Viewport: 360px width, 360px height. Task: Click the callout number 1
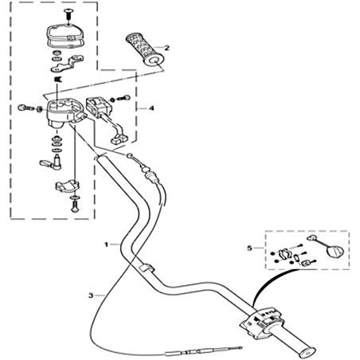[106, 245]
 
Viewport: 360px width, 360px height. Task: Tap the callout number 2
[166, 48]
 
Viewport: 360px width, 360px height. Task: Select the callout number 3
[91, 295]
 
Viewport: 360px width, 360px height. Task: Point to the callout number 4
[151, 108]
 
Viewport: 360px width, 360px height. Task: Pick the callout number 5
[249, 248]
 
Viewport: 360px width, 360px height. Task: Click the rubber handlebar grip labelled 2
[144, 49]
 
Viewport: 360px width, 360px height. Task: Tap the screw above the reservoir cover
[68, 14]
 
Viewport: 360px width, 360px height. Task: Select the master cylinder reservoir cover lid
[65, 33]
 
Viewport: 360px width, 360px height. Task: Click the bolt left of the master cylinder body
[25, 108]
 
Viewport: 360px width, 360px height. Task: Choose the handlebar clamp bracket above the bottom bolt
[68, 186]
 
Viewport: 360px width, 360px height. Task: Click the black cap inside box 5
[335, 252]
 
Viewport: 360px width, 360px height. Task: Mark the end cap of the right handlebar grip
[307, 353]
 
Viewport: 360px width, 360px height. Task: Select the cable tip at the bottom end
[241, 346]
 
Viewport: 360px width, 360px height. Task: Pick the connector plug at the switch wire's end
[119, 139]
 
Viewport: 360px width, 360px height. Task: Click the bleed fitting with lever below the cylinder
[51, 162]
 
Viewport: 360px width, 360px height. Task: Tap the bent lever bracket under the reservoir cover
[68, 64]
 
